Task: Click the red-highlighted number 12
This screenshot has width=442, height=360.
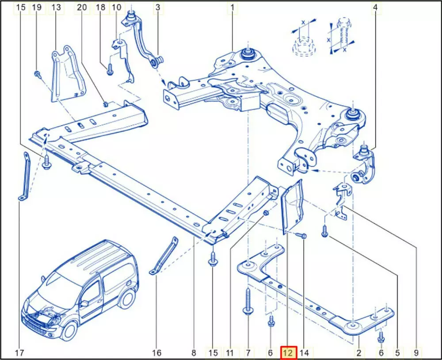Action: [289, 352]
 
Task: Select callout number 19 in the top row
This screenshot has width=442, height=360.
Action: [37, 8]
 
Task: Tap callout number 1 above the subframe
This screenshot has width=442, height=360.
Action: [232, 8]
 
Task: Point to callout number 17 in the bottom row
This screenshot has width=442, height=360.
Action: [19, 352]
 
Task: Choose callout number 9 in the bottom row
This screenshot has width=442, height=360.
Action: [416, 352]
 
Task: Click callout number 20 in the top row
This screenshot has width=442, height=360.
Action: [82, 8]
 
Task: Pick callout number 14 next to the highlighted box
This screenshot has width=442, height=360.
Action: [304, 352]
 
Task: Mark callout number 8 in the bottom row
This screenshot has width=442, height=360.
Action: [194, 352]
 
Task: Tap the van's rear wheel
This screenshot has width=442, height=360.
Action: [126, 299]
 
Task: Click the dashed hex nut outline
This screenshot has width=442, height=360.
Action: [304, 46]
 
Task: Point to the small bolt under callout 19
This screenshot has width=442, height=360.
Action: [38, 74]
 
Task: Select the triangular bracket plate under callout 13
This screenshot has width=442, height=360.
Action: [68, 74]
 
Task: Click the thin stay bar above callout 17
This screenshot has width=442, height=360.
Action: [27, 176]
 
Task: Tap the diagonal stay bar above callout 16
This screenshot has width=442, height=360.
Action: [164, 256]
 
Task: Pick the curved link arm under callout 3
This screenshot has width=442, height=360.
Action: [143, 39]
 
